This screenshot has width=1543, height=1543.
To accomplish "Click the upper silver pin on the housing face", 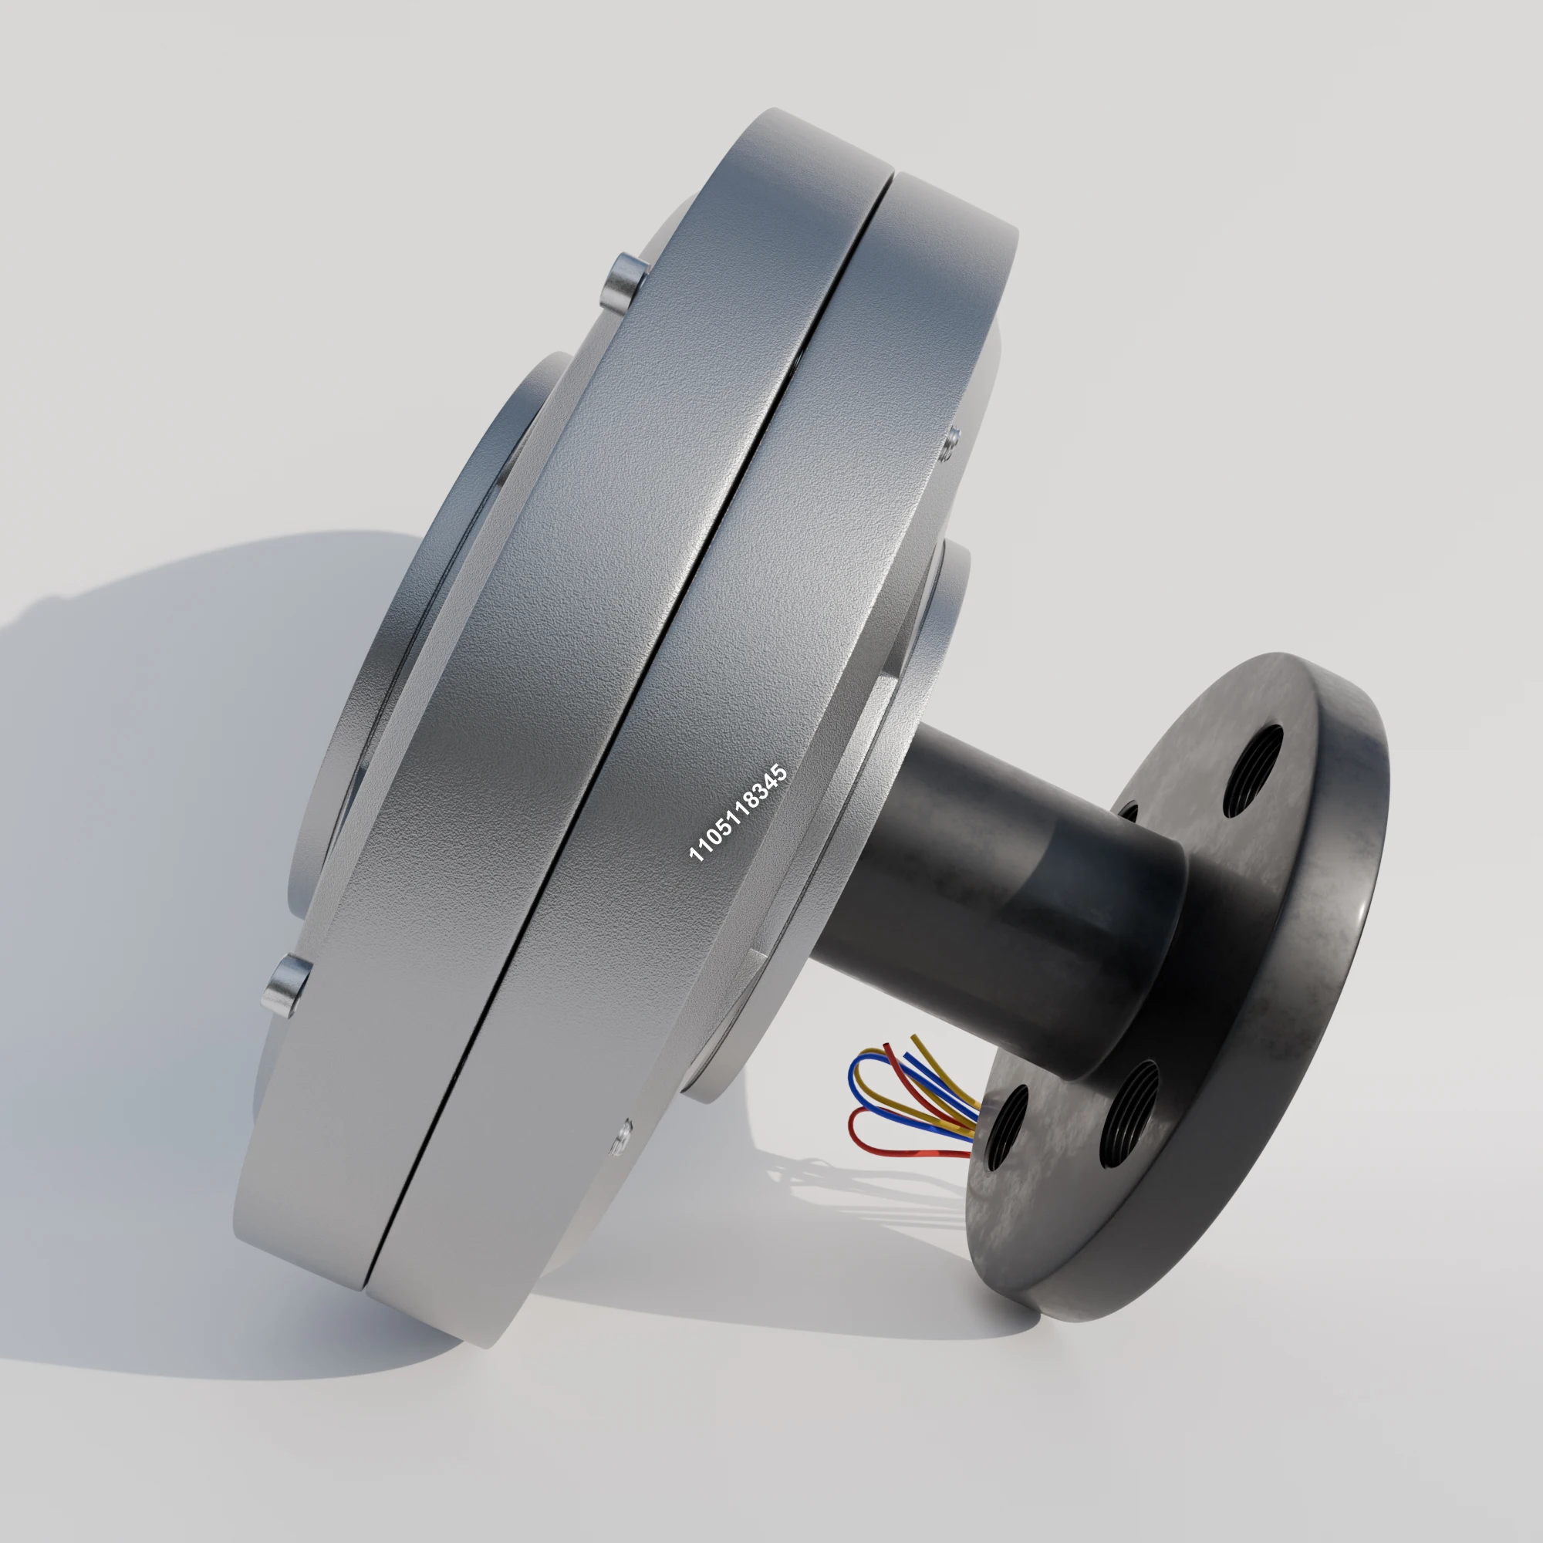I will pyautogui.click(x=626, y=283).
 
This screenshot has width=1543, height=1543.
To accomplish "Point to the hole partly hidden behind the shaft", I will pyautogui.click(x=1129, y=812).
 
